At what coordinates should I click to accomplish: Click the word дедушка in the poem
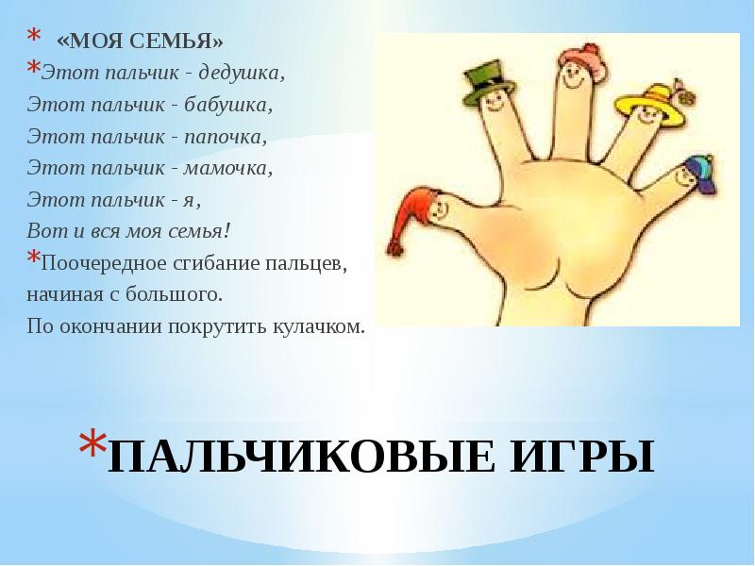[x=242, y=74]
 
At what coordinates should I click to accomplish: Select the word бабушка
[x=228, y=105]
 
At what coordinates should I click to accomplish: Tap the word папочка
[x=226, y=137]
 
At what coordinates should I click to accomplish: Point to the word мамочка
[x=228, y=168]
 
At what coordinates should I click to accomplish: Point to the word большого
[x=175, y=294]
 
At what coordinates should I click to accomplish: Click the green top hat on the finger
[x=488, y=82]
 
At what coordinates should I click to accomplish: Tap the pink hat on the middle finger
[x=579, y=59]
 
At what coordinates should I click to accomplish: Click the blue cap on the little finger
[x=700, y=175]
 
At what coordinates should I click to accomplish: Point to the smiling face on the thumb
[x=438, y=209]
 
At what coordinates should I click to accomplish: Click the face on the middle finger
[x=572, y=77]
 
